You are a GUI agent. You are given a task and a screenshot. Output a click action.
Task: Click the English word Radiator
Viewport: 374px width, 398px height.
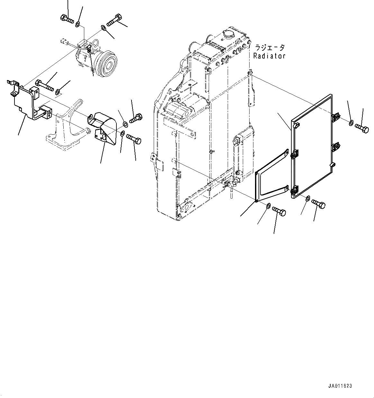pyautogui.click(x=269, y=56)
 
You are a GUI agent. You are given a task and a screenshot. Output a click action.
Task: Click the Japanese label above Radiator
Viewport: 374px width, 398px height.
pyautogui.click(x=270, y=48)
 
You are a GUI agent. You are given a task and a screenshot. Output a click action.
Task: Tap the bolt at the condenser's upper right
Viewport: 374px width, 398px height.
pyautogui.click(x=362, y=128)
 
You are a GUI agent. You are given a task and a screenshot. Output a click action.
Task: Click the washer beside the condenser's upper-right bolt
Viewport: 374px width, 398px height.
pyautogui.click(x=351, y=122)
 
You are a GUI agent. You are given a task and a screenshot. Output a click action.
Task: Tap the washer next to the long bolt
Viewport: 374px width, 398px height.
pyautogui.click(x=58, y=93)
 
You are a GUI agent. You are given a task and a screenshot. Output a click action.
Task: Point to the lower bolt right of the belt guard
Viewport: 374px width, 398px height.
pyautogui.click(x=134, y=140)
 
